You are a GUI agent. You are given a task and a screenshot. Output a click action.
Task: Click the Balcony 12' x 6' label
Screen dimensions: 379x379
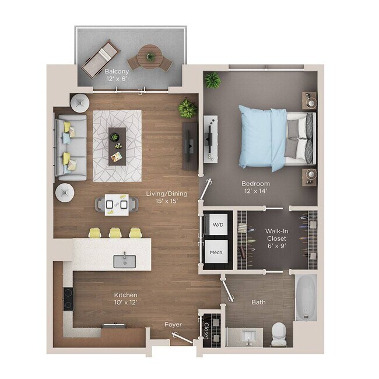pos(117,75)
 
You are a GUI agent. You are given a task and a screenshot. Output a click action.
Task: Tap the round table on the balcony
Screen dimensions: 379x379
pos(150,57)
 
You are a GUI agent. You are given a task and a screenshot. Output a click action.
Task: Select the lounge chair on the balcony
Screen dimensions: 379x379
pos(101,58)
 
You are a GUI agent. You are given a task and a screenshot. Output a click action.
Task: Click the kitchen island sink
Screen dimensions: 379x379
pos(124,261)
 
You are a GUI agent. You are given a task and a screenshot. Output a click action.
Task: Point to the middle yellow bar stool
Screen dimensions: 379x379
pos(114,233)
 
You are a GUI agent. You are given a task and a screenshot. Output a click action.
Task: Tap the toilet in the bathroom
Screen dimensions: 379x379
pos(279,334)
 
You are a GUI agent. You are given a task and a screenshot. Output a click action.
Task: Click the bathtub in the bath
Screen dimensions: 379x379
pos(306,297)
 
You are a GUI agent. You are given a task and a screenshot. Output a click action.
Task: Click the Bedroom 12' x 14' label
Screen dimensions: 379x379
pos(256,187)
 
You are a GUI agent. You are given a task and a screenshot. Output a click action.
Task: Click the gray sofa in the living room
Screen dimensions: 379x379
pos(71,146)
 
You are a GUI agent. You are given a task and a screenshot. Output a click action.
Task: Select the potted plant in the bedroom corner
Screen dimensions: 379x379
pos(213,80)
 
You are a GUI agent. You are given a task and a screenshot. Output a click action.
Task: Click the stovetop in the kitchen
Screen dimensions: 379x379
pos(68,299)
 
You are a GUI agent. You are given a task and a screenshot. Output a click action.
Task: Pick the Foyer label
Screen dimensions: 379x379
pos(173,324)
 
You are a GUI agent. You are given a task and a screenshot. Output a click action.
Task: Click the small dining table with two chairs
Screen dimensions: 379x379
pos(117,203)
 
